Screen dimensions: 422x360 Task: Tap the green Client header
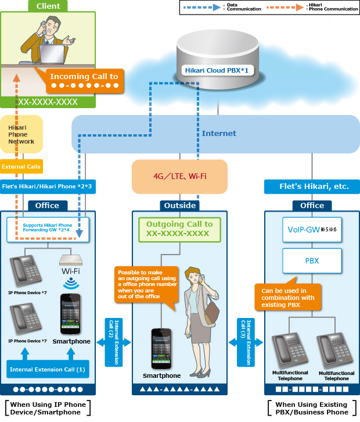48,6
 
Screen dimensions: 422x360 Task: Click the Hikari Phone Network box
21,134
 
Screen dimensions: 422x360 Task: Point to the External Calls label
21,167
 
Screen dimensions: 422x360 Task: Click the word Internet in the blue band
219,133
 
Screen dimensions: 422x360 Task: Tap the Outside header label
179,205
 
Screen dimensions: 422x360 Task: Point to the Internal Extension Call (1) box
48,369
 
